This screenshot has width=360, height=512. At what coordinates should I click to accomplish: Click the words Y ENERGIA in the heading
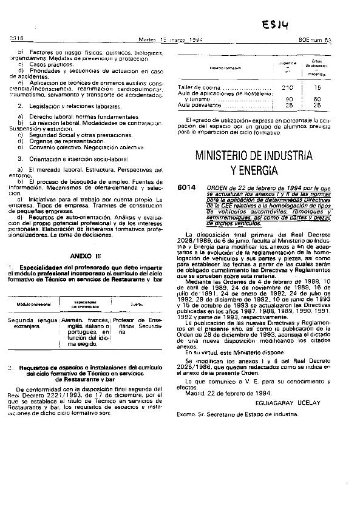click(254, 169)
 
